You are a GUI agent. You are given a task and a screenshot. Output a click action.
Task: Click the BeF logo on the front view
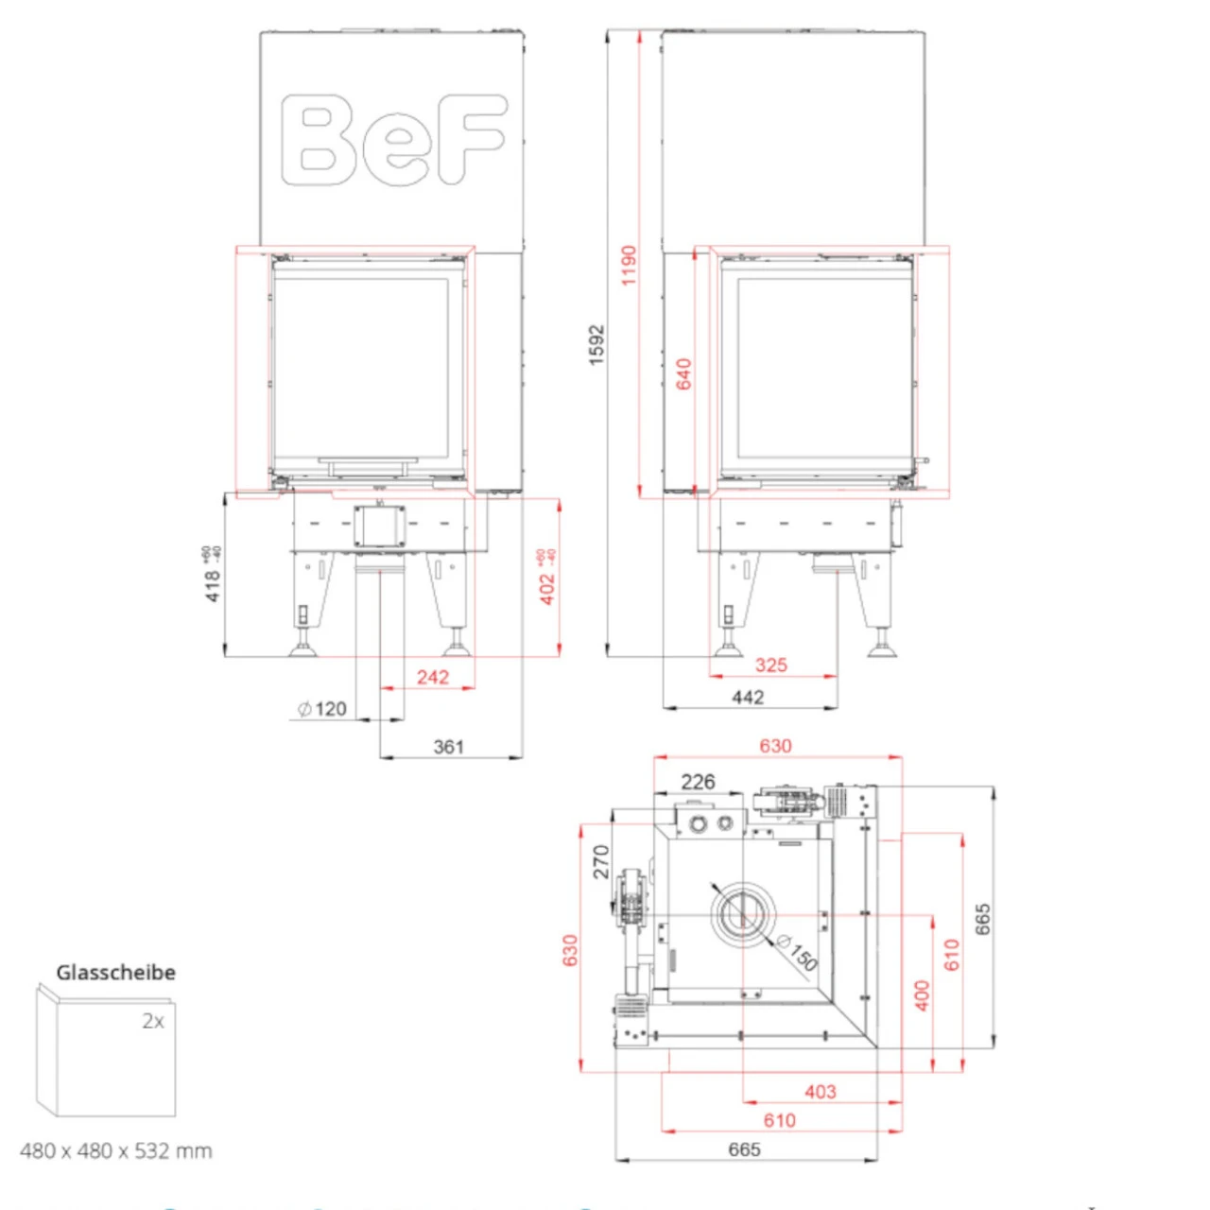[392, 139]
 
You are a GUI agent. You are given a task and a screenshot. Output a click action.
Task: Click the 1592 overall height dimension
[596, 345]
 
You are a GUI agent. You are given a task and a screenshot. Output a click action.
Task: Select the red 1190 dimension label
[629, 265]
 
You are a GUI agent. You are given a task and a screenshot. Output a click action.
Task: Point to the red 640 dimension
[683, 373]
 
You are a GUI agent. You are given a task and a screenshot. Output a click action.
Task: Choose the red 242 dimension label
[433, 677]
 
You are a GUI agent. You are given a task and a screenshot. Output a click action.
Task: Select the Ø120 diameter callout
[322, 709]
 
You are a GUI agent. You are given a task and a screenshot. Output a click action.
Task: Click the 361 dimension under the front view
[449, 747]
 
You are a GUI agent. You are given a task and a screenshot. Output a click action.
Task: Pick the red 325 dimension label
[770, 665]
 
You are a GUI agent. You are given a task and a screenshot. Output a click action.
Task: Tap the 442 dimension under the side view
[748, 697]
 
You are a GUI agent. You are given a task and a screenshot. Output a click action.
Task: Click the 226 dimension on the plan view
[698, 782]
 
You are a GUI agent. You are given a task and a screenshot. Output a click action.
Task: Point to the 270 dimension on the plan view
[601, 862]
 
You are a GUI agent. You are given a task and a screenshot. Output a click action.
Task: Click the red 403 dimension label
[820, 1092]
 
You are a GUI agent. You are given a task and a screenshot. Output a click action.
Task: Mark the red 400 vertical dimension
[922, 994]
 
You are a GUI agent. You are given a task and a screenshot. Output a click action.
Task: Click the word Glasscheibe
[115, 972]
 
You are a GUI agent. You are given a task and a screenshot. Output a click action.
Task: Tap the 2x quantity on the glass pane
[153, 1021]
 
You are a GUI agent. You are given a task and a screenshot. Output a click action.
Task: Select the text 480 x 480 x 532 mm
[115, 1150]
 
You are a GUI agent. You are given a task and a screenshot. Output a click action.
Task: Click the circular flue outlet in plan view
[742, 915]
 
